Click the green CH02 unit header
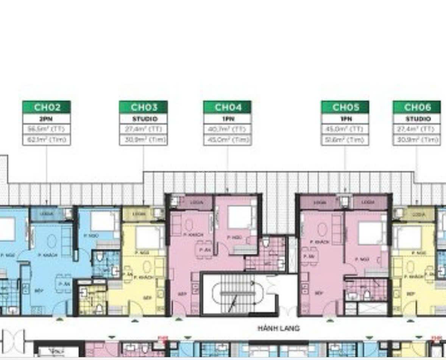(x=47, y=107)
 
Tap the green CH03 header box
(x=143, y=107)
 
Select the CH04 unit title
(x=228, y=107)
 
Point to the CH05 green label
(x=345, y=107)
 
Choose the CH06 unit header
(x=417, y=107)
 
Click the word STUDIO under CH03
(x=143, y=119)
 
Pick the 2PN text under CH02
(x=47, y=119)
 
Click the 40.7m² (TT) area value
(x=228, y=129)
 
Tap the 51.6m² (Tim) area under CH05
(x=345, y=140)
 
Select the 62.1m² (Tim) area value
(x=47, y=140)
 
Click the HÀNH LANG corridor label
(x=279, y=329)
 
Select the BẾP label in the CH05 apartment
(x=319, y=293)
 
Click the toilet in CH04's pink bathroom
(x=266, y=242)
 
